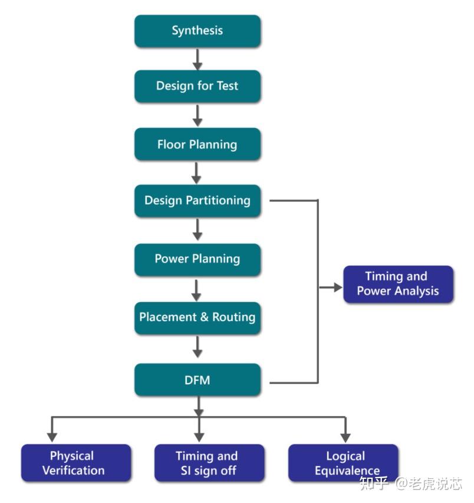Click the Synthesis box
point(197,31)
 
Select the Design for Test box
point(197,86)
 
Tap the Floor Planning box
point(197,145)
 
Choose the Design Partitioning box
point(197,201)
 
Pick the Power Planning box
point(197,259)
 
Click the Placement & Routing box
point(197,318)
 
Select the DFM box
point(197,380)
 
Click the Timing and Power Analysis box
point(398,284)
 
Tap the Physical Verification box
point(77,463)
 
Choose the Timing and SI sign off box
point(209,463)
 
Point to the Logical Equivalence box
point(344,463)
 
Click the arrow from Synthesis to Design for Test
point(197,58)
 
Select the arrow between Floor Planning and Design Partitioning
point(197,172)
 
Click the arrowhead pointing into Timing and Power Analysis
point(337,288)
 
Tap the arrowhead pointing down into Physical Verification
point(52,437)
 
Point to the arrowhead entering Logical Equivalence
point(345,437)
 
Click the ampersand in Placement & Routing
point(204,318)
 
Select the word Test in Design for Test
point(227,86)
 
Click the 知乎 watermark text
point(374,484)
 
